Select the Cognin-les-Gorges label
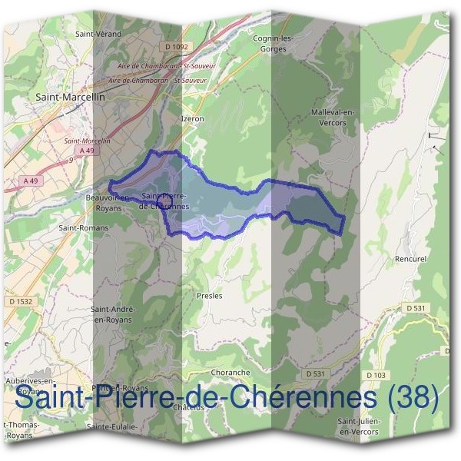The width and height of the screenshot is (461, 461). point(274,43)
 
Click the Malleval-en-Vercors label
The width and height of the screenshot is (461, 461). point(333,117)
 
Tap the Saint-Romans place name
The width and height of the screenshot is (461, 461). point(84,227)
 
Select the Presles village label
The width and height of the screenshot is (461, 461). point(209,295)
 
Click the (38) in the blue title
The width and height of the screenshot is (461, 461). point(413,398)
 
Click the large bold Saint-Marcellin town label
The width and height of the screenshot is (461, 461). point(71,98)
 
